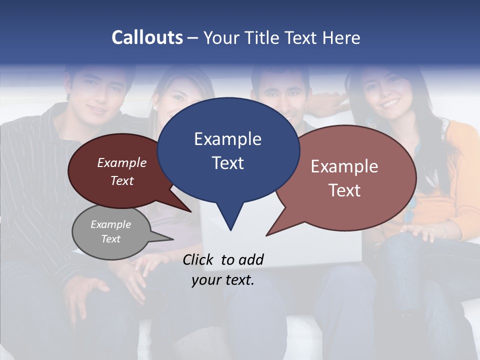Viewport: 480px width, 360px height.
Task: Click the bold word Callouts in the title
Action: coord(147,37)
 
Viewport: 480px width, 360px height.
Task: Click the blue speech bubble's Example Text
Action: coord(227,150)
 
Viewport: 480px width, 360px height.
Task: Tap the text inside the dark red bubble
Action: coord(121,171)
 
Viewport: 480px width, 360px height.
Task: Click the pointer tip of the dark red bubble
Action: coord(191,211)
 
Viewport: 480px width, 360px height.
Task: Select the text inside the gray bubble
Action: coord(110,231)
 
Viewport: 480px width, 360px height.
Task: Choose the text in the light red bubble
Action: coord(344,178)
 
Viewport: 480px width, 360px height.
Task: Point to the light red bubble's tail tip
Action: coord(266,235)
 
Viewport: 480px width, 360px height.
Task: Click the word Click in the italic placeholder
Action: coord(199,259)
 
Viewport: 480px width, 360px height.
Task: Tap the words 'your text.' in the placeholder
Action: coord(223,280)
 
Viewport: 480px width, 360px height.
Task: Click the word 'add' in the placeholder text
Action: coord(251,259)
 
